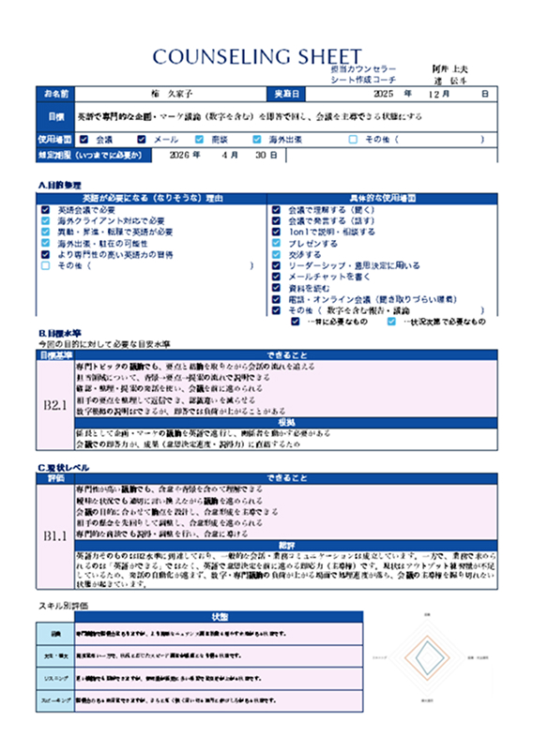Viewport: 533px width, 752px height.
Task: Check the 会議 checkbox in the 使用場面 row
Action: click(86, 140)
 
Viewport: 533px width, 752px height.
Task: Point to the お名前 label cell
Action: click(56, 95)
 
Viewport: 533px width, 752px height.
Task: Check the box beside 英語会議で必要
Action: click(46, 210)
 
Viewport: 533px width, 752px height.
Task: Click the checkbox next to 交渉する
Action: click(276, 255)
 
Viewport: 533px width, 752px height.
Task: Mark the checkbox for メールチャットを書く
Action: click(276, 278)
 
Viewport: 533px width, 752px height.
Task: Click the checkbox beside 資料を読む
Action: click(276, 289)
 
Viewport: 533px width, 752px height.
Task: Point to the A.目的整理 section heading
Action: click(64, 185)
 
